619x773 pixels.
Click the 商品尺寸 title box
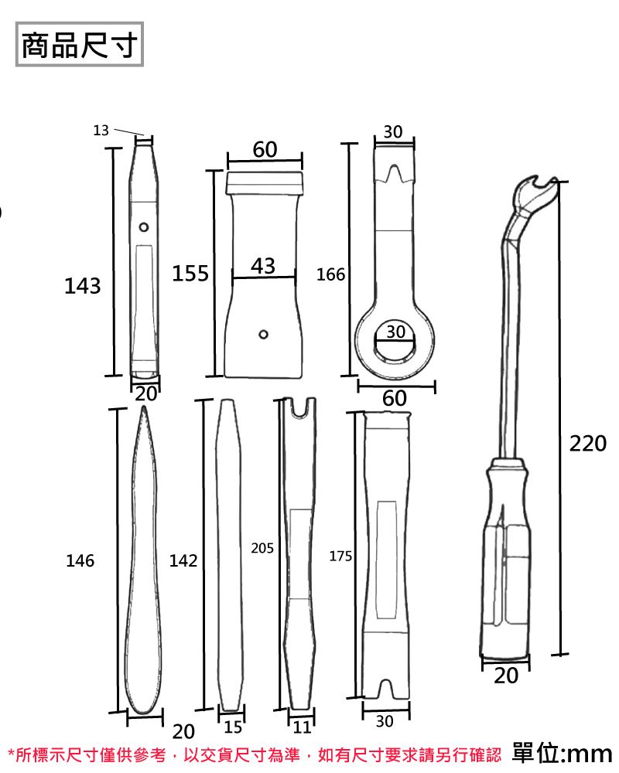coord(80,46)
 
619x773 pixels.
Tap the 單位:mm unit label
coord(562,752)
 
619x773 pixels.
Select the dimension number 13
coord(101,131)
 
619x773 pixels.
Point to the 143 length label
coord(82,287)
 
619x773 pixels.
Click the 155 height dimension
coord(190,274)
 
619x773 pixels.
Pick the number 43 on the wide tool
coord(263,266)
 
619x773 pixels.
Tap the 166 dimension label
coord(330,275)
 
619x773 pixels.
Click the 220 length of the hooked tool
coord(588,444)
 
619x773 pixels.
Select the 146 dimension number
coord(80,561)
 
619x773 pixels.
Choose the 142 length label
coord(183,561)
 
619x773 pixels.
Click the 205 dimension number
coord(262,548)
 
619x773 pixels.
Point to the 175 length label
coord(340,556)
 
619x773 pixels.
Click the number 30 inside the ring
coord(395,331)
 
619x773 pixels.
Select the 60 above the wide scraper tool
coord(265,150)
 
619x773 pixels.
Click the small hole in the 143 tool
coord(144,227)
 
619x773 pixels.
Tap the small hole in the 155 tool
coord(264,334)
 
